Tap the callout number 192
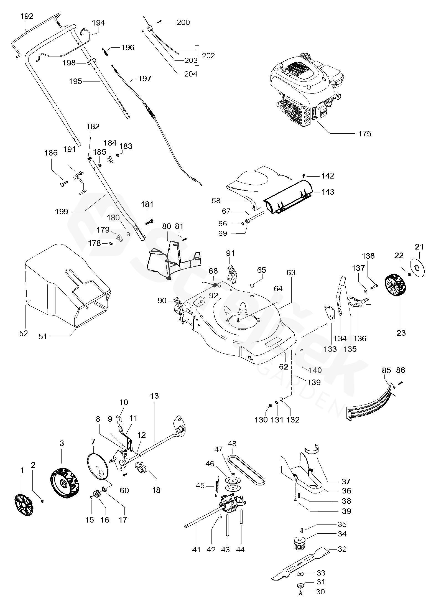point(27,16)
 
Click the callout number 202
point(208,56)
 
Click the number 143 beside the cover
point(328,192)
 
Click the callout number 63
point(291,273)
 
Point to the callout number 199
point(62,212)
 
